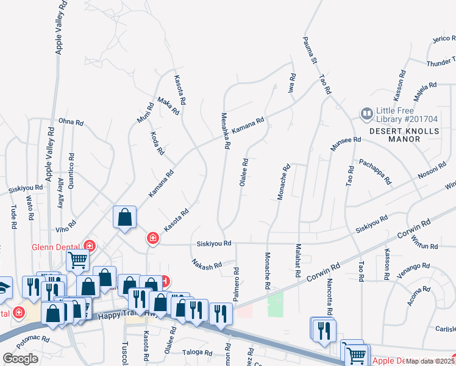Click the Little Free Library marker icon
point(366,113)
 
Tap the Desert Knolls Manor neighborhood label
point(404,135)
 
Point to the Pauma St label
point(309,49)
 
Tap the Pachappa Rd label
point(375,172)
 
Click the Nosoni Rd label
point(432,171)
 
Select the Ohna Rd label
point(71,122)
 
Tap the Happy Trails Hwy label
point(119,315)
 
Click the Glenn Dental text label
point(56,246)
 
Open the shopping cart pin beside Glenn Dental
point(79,260)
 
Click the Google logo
point(20,359)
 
